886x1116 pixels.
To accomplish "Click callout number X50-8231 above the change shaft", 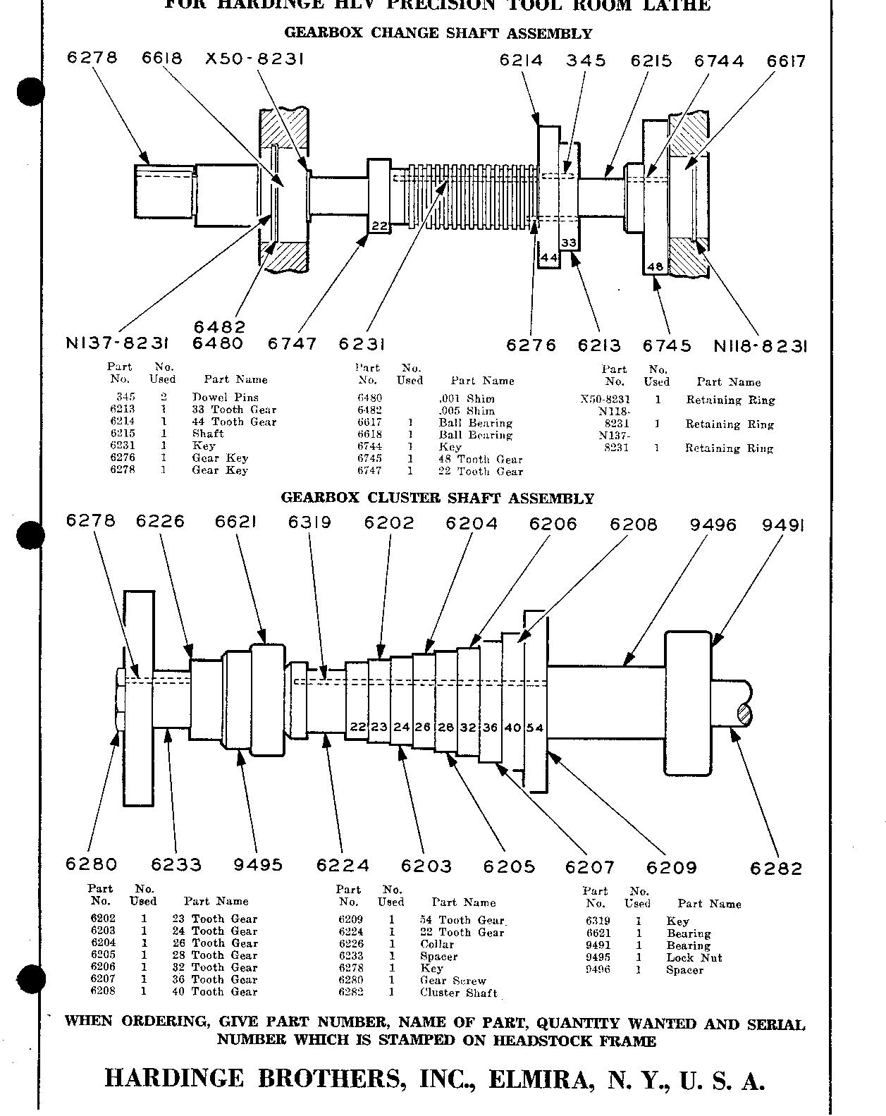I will (x=254, y=59).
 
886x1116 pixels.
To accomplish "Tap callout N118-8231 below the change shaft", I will (x=760, y=346).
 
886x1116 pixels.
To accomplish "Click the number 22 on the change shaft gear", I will (x=379, y=226).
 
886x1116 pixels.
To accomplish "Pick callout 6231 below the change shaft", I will (x=362, y=344).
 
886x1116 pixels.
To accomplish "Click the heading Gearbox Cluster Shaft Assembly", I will (x=438, y=498).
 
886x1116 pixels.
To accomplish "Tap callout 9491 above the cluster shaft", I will (x=783, y=525).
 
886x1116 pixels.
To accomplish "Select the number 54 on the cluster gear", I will (x=536, y=728).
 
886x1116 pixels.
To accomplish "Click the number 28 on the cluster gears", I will (x=445, y=727).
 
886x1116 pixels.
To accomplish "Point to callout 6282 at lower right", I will (x=776, y=869).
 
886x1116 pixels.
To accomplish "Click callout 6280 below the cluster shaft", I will (x=91, y=864).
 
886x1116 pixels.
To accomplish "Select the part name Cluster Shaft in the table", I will (x=458, y=993).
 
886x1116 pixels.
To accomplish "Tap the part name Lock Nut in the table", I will (x=694, y=957).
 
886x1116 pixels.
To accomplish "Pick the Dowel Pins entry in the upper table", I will (x=225, y=398).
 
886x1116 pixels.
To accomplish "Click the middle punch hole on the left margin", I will (x=30, y=536).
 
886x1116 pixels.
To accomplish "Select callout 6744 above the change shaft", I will (x=718, y=61).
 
